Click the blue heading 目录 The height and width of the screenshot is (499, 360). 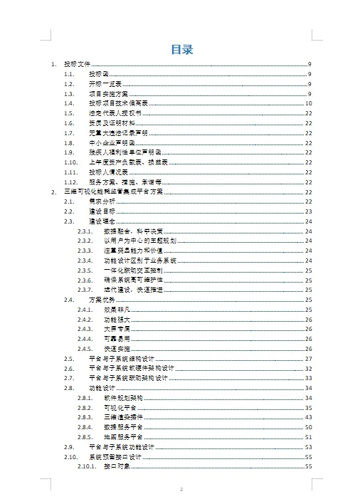[x=181, y=49]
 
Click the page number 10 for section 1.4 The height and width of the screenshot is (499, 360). [x=309, y=103]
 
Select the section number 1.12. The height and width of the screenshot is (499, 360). [x=70, y=182]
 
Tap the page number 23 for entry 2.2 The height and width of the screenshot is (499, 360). [x=309, y=211]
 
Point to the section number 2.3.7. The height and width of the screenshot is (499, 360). [x=85, y=290]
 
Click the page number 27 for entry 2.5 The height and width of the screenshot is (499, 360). [x=309, y=359]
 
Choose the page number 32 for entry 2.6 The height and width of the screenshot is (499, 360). [x=309, y=369]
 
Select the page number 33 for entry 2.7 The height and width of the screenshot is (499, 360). [x=309, y=378]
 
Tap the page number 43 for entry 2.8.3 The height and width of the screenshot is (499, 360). [x=309, y=417]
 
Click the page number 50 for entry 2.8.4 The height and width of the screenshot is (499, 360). [x=309, y=427]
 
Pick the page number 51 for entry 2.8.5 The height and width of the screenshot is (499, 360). [x=309, y=437]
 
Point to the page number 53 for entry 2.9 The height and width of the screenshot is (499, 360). [x=309, y=447]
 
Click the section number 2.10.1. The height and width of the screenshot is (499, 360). [x=87, y=466]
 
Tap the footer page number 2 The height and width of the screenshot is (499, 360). [x=181, y=490]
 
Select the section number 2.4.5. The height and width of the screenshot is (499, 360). [x=85, y=349]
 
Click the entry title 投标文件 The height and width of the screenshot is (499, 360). [x=78, y=64]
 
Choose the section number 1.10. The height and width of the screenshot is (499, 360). [x=70, y=162]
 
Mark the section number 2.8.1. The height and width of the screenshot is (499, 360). [x=85, y=398]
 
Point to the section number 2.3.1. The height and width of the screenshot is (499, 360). [x=85, y=231]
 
